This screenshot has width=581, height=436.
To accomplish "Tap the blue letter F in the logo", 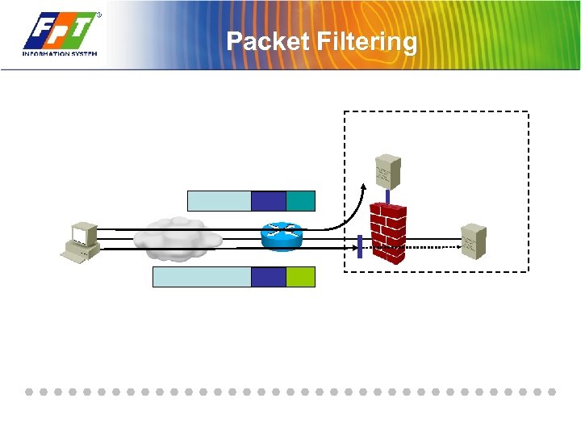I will (40, 33).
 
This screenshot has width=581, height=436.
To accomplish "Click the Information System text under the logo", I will (60, 53).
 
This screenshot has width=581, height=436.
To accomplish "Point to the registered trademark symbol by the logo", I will (99, 15).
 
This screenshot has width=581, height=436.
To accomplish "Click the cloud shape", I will (178, 236).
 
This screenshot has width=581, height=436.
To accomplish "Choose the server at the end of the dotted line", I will (473, 241).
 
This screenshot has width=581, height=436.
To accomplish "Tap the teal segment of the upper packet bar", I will (300, 200).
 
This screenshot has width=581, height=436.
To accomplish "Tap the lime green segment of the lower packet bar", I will (300, 277).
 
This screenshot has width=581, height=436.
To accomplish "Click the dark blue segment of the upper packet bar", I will (269, 200).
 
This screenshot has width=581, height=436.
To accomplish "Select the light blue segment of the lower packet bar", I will (202, 277).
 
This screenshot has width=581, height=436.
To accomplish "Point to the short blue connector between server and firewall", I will (387, 195).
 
